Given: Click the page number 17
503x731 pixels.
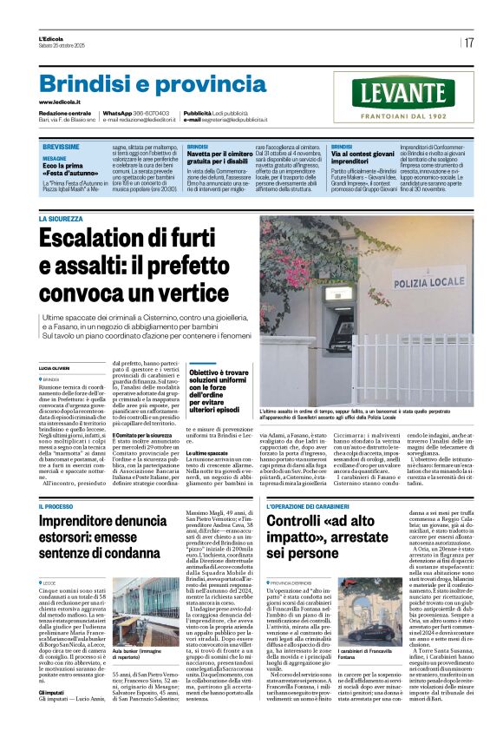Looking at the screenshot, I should (x=469, y=43).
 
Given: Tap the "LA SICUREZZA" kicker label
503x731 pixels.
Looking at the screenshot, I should (x=61, y=220).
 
